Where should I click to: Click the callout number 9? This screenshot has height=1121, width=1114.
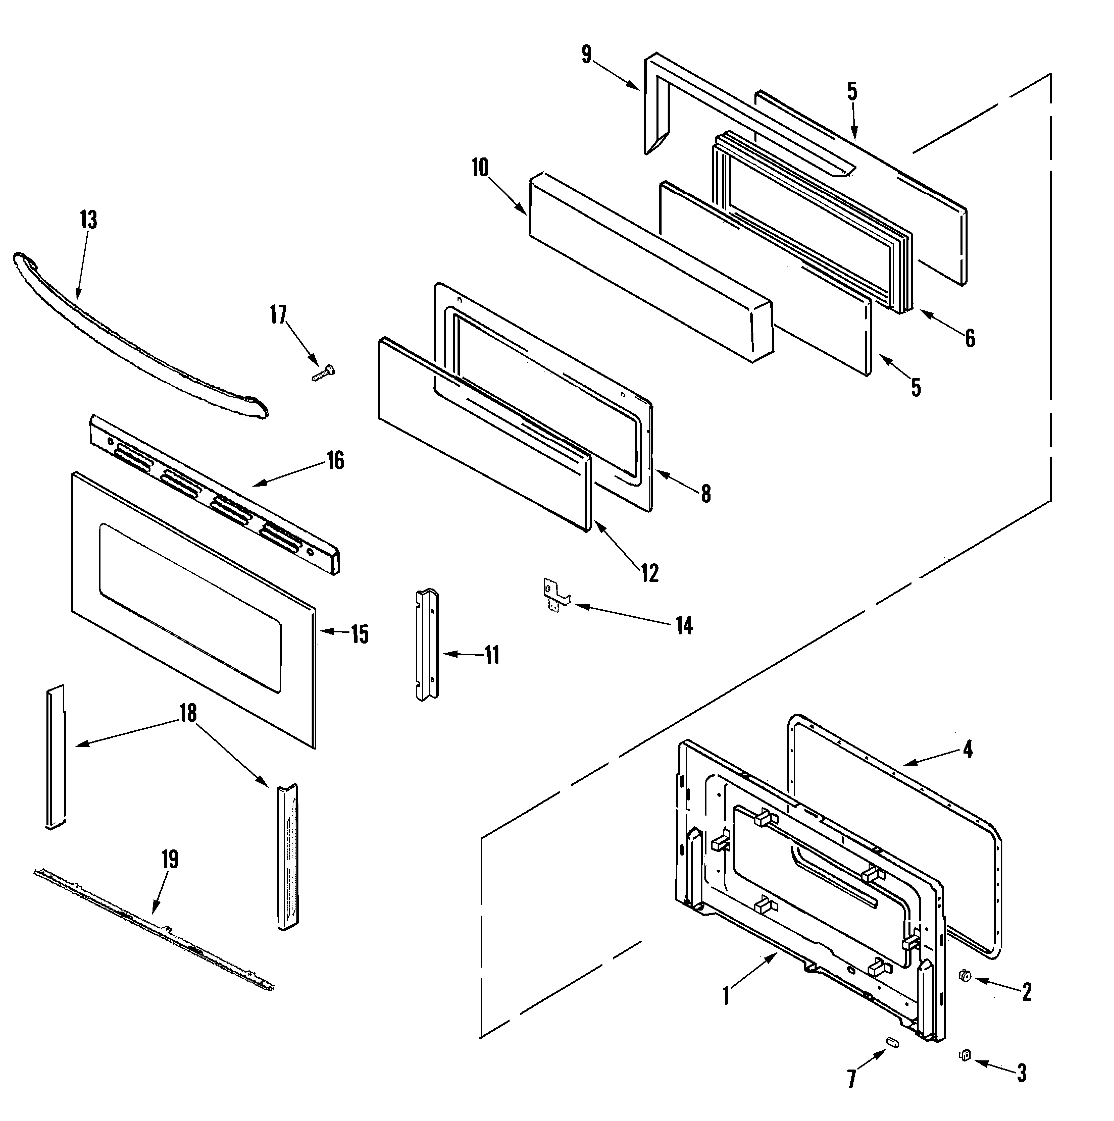click(x=586, y=55)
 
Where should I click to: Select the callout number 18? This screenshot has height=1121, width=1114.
click(x=188, y=713)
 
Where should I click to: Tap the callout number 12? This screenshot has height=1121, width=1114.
click(x=650, y=573)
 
